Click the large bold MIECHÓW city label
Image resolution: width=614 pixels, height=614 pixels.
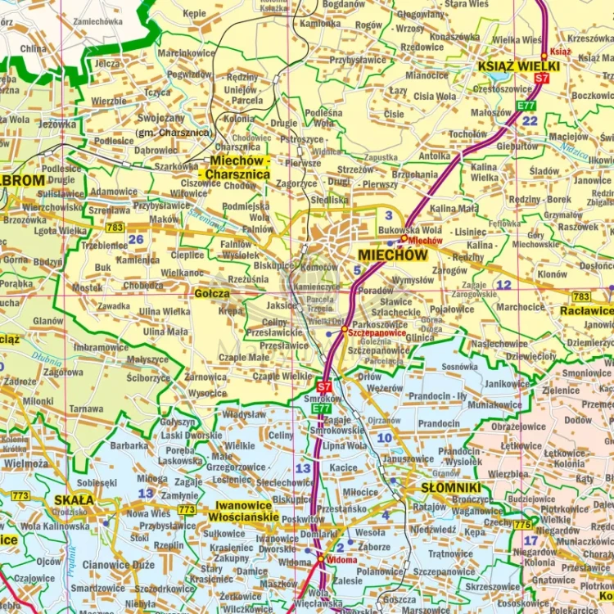pyautogui.click(x=392, y=255)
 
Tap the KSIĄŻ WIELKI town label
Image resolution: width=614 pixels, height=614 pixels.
pyautogui.click(x=519, y=66)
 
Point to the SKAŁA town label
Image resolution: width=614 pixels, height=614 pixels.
pyautogui.click(x=73, y=499)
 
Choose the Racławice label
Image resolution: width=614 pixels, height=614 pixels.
pyautogui.click(x=586, y=311)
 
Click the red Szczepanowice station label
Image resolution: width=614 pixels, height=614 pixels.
pyautogui.click(x=376, y=334)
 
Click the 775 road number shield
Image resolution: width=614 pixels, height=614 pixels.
pyautogui.click(x=522, y=525)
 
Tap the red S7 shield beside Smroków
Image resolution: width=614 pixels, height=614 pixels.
pyautogui.click(x=324, y=386)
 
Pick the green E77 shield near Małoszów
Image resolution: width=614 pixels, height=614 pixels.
pyautogui.click(x=526, y=106)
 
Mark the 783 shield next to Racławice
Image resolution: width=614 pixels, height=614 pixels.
pyautogui.click(x=580, y=296)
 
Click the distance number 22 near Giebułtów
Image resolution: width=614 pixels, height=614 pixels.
pyautogui.click(x=530, y=121)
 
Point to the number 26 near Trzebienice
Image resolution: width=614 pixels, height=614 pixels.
pyautogui.click(x=136, y=239)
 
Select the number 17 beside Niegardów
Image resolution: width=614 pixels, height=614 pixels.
pyautogui.click(x=530, y=540)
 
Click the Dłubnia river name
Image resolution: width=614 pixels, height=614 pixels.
pyautogui.click(x=47, y=358)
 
